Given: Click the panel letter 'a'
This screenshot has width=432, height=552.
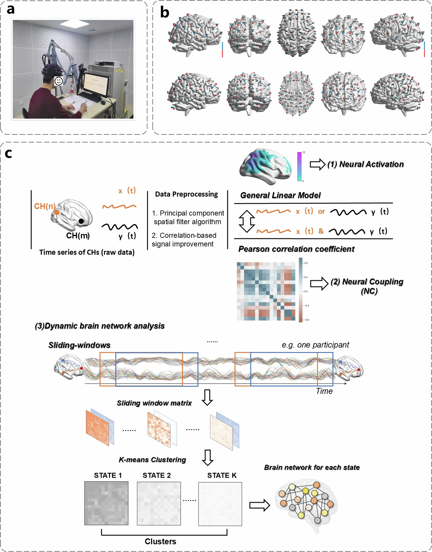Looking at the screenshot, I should click(x=11, y=10).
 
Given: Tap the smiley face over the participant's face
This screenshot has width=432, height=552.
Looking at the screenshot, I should click(x=59, y=81).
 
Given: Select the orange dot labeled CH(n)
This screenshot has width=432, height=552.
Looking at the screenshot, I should click(x=57, y=212).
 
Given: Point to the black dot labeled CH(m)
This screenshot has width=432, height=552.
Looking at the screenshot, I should click(x=81, y=221).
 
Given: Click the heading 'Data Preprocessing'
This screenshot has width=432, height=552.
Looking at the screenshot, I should click(x=186, y=194).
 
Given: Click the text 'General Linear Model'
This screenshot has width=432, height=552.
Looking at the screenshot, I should click(x=280, y=195).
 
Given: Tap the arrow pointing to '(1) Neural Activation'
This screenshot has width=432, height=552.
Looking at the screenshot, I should click(x=317, y=164).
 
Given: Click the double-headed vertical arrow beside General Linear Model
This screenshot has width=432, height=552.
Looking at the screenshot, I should click(x=247, y=221).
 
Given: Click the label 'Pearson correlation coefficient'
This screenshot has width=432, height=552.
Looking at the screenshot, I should click(x=296, y=249).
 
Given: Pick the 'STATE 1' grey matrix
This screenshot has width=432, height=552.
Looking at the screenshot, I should click(x=106, y=503).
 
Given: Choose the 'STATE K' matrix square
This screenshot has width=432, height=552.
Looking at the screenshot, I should click(x=220, y=504).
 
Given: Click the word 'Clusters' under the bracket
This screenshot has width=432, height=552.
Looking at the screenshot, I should click(x=160, y=541).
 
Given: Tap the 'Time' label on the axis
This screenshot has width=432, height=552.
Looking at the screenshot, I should click(x=324, y=391).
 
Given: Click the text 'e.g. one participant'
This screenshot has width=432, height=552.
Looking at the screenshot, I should click(x=315, y=345).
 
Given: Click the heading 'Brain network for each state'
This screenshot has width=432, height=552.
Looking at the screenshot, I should click(x=312, y=467).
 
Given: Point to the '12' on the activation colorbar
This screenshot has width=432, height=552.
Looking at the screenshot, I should click(x=304, y=152).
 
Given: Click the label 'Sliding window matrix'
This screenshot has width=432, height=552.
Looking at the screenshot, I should click(x=154, y=403).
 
